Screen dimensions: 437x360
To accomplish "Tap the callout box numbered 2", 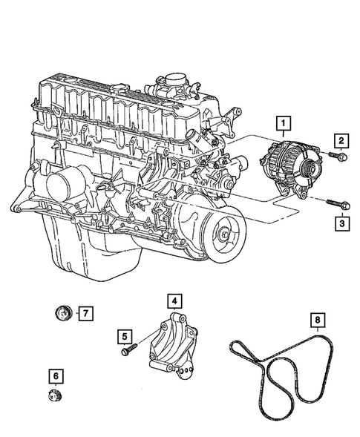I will click(x=341, y=141).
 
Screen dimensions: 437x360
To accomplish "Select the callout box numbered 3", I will click(x=341, y=221).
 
